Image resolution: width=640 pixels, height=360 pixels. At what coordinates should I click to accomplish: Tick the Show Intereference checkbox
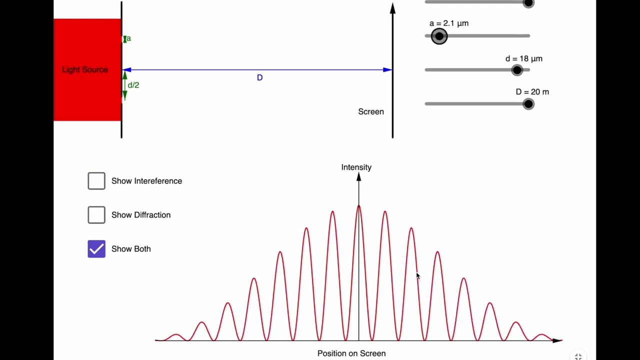click(x=96, y=181)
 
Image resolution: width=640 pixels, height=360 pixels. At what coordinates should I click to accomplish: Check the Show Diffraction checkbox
click(x=96, y=215)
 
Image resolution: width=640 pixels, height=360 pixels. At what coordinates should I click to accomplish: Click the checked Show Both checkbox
click(x=96, y=249)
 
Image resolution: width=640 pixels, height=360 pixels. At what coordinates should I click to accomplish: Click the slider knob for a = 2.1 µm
click(x=439, y=36)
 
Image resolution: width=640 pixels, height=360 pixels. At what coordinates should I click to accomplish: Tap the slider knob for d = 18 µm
click(x=517, y=70)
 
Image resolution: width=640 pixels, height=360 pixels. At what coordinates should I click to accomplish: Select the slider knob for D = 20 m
click(x=528, y=104)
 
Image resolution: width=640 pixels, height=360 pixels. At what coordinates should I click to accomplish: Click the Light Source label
click(x=85, y=69)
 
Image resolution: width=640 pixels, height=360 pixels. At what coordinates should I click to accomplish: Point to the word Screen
click(x=371, y=111)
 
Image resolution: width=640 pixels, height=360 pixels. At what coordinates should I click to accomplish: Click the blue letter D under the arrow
click(x=259, y=77)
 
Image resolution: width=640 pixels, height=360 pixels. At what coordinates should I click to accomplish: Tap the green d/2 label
click(x=133, y=85)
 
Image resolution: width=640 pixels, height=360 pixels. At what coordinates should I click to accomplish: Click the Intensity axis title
click(x=356, y=167)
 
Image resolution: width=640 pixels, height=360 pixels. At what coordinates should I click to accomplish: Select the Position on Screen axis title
click(x=351, y=353)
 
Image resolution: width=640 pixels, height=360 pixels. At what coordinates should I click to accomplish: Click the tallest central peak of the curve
click(x=358, y=206)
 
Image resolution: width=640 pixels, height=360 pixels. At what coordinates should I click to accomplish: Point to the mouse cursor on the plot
click(x=418, y=276)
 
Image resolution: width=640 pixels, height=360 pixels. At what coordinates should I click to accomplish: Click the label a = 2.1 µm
click(x=449, y=23)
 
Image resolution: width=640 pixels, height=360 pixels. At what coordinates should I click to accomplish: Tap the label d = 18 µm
click(x=523, y=59)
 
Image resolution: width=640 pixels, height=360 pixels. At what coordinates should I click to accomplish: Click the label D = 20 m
click(x=532, y=92)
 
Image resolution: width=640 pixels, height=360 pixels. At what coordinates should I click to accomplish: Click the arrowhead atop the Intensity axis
click(x=359, y=177)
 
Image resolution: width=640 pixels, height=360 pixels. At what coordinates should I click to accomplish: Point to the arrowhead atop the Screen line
click(x=393, y=8)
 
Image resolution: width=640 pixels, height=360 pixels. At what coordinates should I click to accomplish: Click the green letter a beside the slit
click(x=128, y=38)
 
